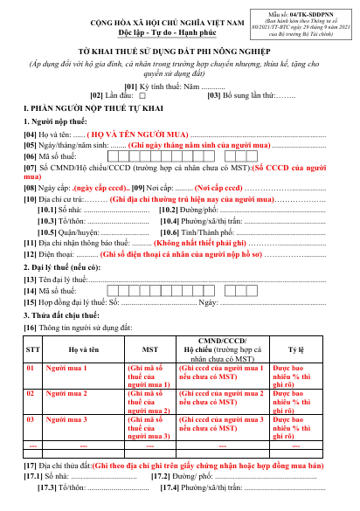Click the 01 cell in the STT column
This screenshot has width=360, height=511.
(31, 367)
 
